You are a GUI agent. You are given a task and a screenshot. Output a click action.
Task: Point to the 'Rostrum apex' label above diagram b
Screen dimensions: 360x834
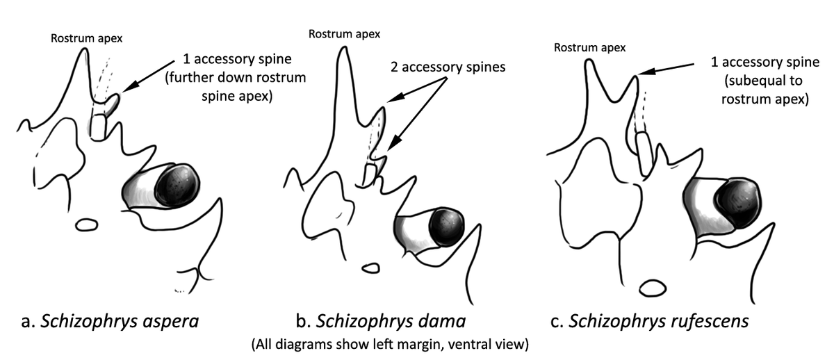click(x=344, y=33)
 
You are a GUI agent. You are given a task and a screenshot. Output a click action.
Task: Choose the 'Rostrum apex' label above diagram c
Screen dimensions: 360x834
click(x=589, y=48)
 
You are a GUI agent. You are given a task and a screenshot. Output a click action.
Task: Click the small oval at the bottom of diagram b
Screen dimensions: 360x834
click(x=370, y=267)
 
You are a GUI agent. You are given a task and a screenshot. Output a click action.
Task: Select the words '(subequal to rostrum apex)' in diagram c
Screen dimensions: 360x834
click(x=764, y=90)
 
